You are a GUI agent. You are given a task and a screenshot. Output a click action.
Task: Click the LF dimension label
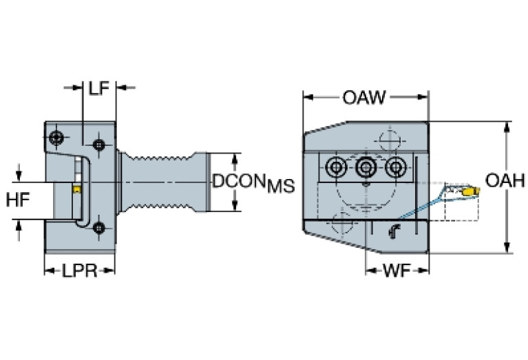99,87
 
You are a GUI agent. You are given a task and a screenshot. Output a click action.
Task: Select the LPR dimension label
78,271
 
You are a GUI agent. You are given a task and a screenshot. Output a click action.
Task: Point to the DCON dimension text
238,182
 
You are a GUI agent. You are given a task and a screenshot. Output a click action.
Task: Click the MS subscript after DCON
281,187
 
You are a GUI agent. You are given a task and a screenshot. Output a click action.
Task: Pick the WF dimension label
396,270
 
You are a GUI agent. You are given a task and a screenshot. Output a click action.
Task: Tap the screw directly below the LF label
100,145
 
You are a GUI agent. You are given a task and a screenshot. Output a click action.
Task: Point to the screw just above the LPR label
99,228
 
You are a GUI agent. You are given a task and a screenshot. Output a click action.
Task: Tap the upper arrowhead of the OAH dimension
507,127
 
